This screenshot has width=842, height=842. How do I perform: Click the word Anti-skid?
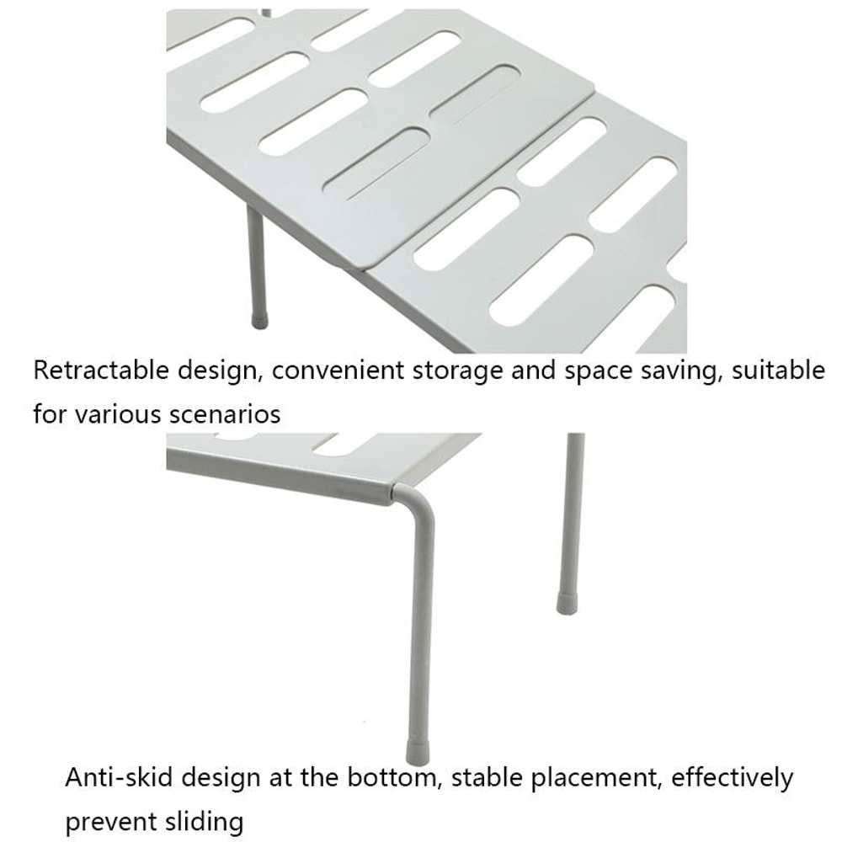point(118,777)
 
